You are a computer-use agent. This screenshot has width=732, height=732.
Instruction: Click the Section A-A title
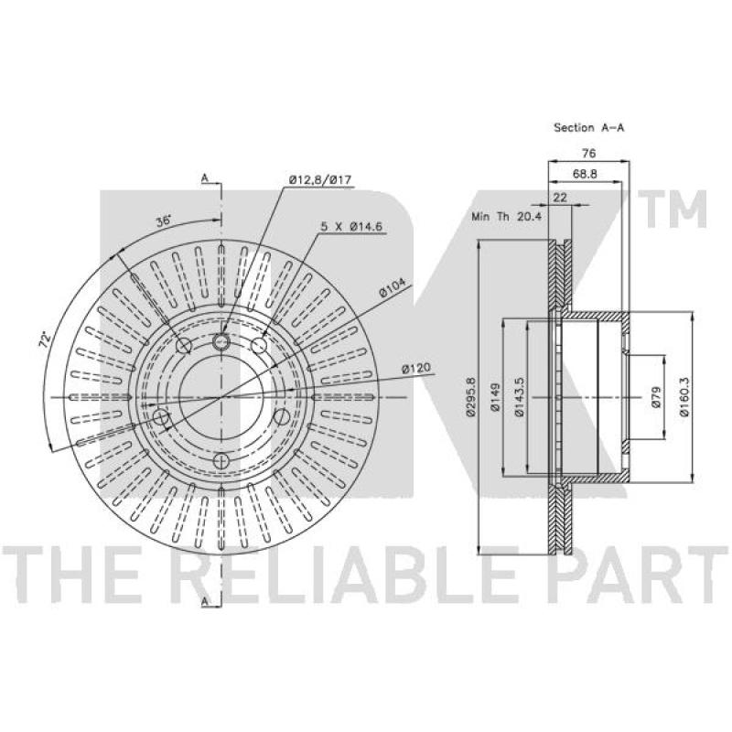click(x=588, y=127)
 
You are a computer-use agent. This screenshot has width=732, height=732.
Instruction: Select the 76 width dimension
click(x=589, y=153)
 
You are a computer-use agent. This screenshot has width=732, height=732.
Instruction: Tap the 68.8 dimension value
click(x=585, y=174)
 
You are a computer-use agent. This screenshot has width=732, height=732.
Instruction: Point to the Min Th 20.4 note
click(x=507, y=216)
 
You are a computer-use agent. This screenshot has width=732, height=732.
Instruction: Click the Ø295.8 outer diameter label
click(x=470, y=397)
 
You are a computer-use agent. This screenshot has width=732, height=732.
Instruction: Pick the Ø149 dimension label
click(x=495, y=397)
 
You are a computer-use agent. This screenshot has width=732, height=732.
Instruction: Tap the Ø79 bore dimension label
click(x=655, y=397)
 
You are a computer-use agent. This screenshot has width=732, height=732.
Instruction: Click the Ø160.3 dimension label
click(x=684, y=397)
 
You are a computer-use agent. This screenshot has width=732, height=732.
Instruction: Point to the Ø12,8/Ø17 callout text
click(x=319, y=179)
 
